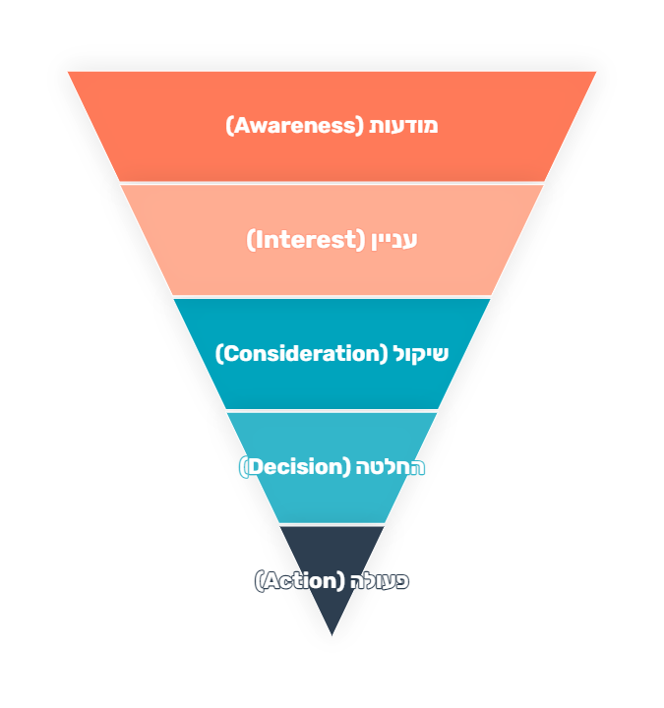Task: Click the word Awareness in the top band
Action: click(295, 126)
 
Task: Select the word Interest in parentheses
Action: click(303, 240)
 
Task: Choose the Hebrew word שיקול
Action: click(421, 354)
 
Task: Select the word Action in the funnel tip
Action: click(300, 581)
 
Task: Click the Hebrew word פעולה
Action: click(379, 581)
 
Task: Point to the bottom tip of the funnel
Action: click(332, 635)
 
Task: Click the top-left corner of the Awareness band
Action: click(68, 72)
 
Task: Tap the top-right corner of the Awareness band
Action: click(596, 72)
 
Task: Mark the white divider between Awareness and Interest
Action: click(332, 183)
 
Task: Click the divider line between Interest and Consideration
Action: click(332, 297)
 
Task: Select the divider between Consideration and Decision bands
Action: click(332, 410)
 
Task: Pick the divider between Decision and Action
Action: click(332, 524)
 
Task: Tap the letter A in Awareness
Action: click(239, 126)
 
